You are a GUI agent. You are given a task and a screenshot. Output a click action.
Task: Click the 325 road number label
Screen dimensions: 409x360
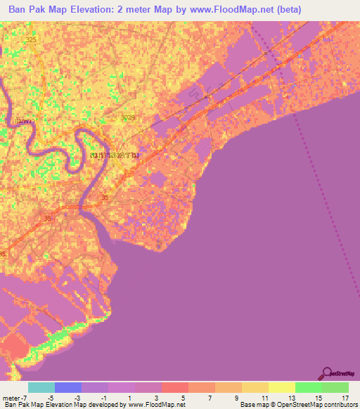pyautogui.click(x=30, y=41)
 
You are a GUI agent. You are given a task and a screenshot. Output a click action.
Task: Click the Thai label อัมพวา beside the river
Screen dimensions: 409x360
pyautogui.click(x=23, y=120)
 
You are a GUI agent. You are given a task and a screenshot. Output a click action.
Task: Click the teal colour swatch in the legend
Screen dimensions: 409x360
pyautogui.click(x=41, y=387)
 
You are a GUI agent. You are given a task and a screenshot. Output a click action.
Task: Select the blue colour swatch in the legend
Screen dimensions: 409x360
pyautogui.click(x=67, y=387)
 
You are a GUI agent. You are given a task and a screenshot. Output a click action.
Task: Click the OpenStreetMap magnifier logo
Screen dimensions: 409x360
pyautogui.click(x=326, y=372)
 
